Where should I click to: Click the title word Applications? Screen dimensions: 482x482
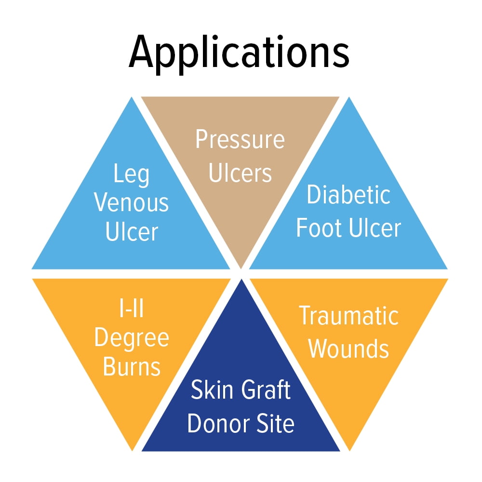point(239,52)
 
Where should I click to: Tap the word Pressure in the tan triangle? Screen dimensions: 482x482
point(240,140)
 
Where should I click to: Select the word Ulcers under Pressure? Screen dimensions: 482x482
point(240,173)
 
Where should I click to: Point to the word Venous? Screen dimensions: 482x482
point(132,203)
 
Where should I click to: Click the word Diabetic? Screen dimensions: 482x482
point(348,195)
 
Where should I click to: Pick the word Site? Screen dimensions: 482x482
point(273,424)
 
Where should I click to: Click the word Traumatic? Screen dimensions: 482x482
point(348,316)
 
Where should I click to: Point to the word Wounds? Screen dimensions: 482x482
point(348,348)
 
